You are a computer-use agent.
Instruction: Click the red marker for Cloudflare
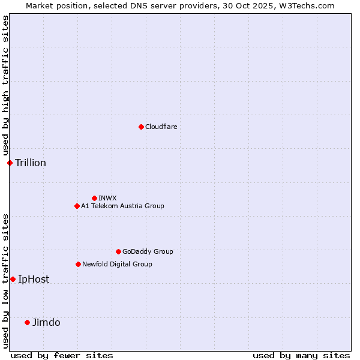141,127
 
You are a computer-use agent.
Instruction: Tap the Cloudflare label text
161,127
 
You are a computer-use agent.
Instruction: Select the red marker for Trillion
10,163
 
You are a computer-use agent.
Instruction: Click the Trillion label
31,163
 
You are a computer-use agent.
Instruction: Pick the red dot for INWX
94,198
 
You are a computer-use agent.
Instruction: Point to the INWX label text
108,198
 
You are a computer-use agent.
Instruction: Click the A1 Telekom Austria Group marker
77,206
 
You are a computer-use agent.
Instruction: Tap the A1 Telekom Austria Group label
122,206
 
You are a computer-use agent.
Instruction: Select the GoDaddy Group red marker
118,251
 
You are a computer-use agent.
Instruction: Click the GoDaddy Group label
148,251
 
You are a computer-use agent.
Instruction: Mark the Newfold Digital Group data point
78,264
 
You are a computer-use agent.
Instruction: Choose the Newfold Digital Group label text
117,264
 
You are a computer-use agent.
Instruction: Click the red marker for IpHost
13,279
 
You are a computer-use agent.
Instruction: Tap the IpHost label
34,279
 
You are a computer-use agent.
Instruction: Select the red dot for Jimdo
27,322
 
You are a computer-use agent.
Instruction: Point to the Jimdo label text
46,322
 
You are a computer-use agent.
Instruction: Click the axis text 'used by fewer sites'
62,355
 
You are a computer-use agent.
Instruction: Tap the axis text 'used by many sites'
301,355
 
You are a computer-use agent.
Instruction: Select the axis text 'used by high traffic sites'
5,85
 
